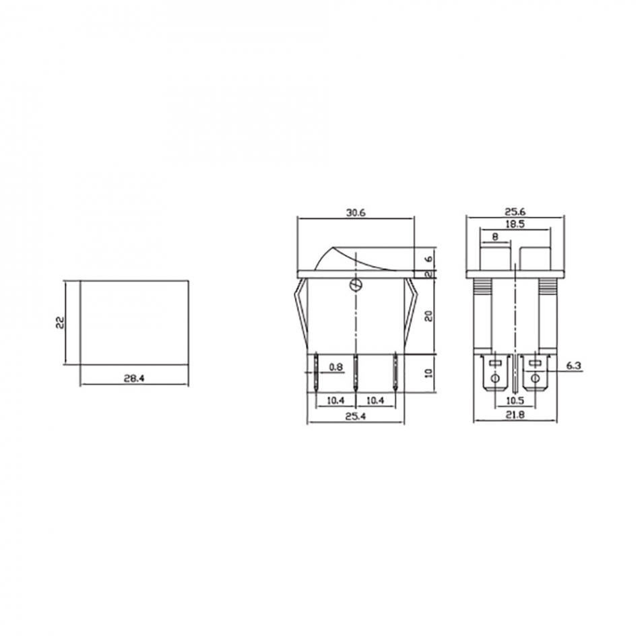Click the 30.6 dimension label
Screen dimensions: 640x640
356,213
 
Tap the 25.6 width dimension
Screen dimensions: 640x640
515,212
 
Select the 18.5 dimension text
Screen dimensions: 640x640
515,224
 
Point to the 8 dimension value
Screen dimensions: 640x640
495,236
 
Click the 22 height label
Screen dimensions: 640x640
60,323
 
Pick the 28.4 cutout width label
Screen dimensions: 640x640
134,379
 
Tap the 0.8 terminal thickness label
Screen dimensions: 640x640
336,367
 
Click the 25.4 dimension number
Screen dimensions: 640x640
356,416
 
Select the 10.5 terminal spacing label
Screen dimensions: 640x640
515,401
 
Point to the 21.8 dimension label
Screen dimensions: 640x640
515,415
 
